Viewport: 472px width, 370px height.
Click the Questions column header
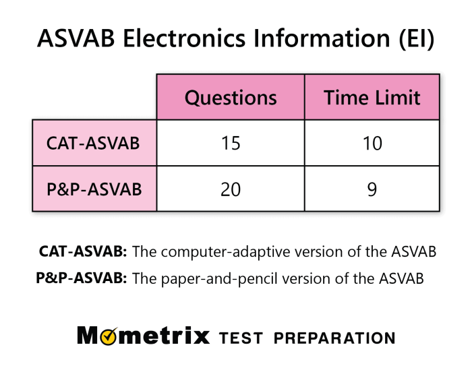point(231,98)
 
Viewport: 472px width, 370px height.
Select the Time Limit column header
point(372,98)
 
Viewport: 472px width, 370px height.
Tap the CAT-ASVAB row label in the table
point(94,143)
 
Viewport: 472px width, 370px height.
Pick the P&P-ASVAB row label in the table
point(94,189)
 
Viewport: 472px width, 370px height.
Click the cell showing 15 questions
point(231,144)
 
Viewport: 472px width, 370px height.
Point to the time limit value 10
point(372,144)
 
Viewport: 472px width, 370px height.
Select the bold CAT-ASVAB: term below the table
point(83,252)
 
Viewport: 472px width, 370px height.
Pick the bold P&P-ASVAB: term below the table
point(82,278)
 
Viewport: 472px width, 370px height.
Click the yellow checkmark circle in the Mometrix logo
point(108,336)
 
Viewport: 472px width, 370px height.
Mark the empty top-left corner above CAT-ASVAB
point(94,96)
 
